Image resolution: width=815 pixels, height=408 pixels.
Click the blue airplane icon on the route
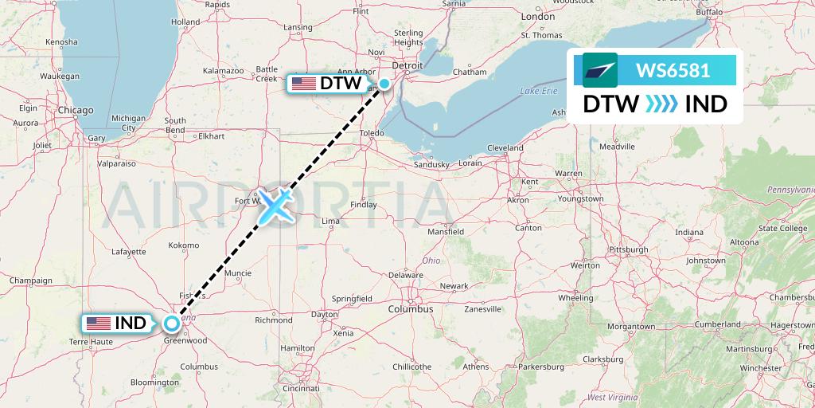pyautogui.click(x=275, y=206)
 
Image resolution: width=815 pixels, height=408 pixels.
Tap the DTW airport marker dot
pyautogui.click(x=384, y=84)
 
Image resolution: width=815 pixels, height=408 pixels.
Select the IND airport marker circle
pyautogui.click(x=172, y=324)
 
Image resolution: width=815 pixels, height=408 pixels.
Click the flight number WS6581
pyautogui.click(x=673, y=70)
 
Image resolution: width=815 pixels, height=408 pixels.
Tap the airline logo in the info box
pyautogui.click(x=600, y=70)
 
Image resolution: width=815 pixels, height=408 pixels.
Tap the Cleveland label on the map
pyautogui.click(x=505, y=148)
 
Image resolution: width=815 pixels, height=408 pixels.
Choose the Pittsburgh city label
pyautogui.click(x=627, y=249)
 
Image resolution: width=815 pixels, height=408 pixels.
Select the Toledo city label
pyautogui.click(x=372, y=133)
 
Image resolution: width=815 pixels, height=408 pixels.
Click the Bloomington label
pyautogui.click(x=155, y=382)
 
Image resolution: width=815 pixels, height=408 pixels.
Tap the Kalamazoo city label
pyautogui.click(x=223, y=71)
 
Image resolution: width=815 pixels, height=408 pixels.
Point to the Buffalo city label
pyautogui.click(x=709, y=13)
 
